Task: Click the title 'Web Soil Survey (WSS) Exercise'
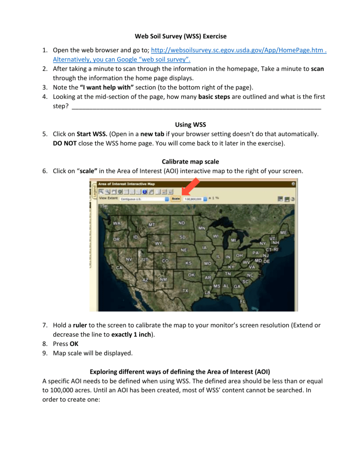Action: [x=180, y=36]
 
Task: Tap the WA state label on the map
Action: [x=116, y=224]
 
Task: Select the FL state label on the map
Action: [x=243, y=301]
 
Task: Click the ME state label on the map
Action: [x=284, y=232]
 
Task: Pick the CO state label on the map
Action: [x=165, y=261]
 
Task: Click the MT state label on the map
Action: [x=152, y=225]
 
